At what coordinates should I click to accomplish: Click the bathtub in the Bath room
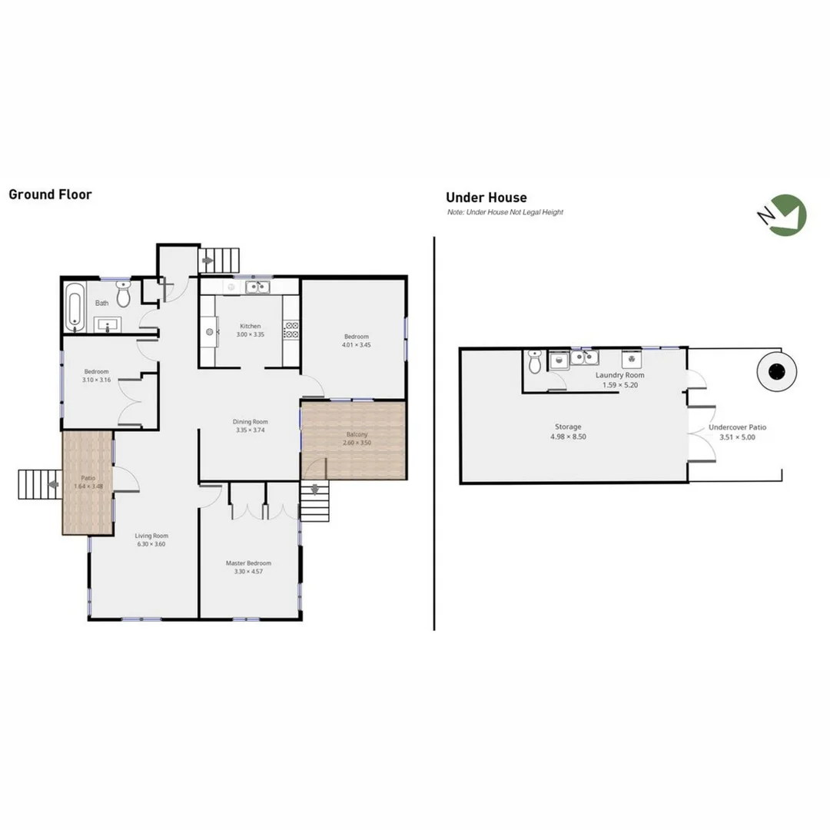click(x=74, y=306)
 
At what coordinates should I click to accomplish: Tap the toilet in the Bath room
click(x=124, y=294)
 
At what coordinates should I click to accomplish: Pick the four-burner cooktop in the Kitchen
click(x=291, y=330)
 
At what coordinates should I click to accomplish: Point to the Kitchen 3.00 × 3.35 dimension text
click(x=249, y=335)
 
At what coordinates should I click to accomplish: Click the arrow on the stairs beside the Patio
click(x=52, y=484)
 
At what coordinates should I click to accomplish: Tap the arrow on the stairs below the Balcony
click(x=314, y=490)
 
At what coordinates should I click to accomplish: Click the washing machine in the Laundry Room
click(x=632, y=358)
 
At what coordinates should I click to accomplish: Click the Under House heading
click(x=486, y=198)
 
